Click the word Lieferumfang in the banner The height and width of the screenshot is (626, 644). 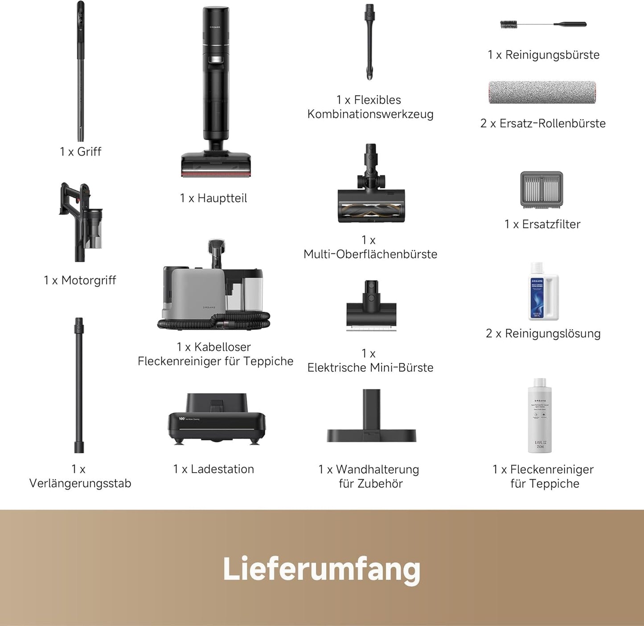(321, 569)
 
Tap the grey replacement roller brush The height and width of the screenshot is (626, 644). (542, 92)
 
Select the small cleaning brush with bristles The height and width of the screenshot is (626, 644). (509, 25)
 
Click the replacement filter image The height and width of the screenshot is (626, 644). (541, 189)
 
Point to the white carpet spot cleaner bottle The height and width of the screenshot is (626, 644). (540, 416)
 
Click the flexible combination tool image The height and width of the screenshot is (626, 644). (369, 42)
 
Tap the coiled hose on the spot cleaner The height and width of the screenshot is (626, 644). (214, 321)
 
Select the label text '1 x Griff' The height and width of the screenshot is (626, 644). (81, 152)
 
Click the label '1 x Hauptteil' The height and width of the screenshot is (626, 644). (213, 198)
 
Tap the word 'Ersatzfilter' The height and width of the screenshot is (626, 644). (551, 224)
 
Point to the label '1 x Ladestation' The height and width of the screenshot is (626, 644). (213, 469)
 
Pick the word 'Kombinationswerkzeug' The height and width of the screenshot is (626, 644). (370, 114)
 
